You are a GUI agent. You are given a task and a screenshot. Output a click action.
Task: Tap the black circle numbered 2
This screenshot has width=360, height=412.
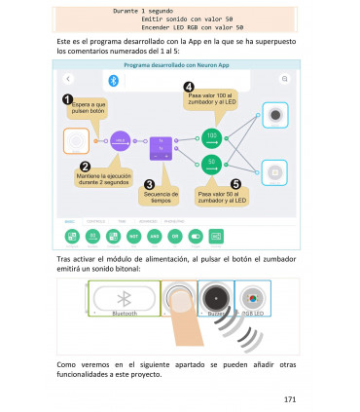click(x=85, y=167)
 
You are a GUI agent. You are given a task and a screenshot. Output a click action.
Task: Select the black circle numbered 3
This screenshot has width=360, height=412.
click(x=149, y=183)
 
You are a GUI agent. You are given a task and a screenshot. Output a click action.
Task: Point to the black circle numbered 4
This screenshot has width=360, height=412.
click(x=189, y=87)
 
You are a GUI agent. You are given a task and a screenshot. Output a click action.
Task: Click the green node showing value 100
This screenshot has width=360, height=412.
click(x=212, y=135)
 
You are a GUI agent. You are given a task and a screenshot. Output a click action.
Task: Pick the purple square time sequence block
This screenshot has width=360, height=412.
click(x=160, y=147)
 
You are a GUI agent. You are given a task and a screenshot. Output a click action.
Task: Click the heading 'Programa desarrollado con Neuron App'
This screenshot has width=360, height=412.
click(x=179, y=64)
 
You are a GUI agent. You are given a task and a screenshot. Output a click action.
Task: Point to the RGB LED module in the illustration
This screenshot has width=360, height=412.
click(x=253, y=298)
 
